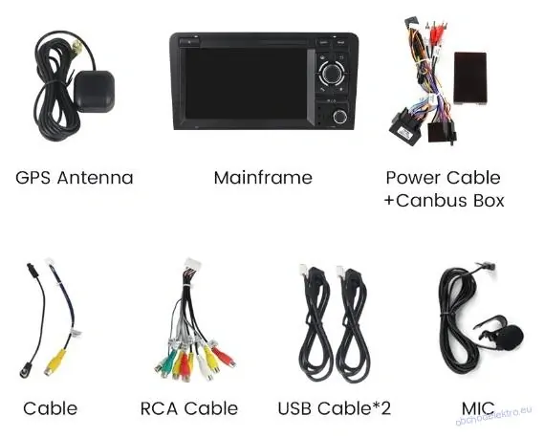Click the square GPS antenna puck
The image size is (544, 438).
[x=94, y=91]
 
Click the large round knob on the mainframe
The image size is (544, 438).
[x=332, y=74]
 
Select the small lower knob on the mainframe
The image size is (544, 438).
[x=339, y=117]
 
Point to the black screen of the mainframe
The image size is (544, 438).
[x=246, y=83]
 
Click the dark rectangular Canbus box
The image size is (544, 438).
[x=470, y=78]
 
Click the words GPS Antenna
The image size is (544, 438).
[x=75, y=178]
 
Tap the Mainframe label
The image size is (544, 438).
[x=263, y=178]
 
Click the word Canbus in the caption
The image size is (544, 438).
[x=432, y=201]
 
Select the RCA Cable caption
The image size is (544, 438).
[x=189, y=408]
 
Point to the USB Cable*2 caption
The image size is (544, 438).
[x=334, y=408]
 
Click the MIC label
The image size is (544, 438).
[x=478, y=408]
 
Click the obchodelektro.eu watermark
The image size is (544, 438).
[x=493, y=416]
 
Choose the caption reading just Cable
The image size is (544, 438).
[x=51, y=408]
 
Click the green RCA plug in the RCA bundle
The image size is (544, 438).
[x=167, y=363]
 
